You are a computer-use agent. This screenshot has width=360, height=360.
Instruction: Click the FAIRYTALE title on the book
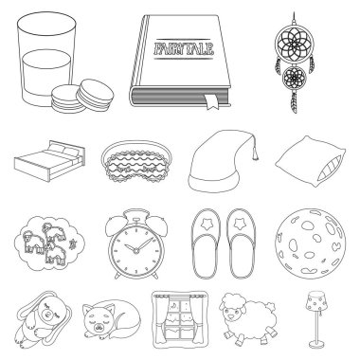184,49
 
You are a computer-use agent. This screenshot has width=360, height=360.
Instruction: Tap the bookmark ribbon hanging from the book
210,101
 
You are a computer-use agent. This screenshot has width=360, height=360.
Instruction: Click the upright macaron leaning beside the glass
96,95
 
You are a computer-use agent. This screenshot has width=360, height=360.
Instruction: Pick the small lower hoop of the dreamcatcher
295,79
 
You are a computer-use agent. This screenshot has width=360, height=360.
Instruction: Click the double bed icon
49,161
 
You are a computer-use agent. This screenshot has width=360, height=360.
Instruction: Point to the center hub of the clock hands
135,251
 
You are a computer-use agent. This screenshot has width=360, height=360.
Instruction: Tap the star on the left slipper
207,225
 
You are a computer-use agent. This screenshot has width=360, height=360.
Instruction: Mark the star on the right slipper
240,225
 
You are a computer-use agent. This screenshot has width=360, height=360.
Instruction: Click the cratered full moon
310,243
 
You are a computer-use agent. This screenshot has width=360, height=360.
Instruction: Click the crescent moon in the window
174,305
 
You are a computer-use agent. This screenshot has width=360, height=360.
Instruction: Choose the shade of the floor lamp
316,301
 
